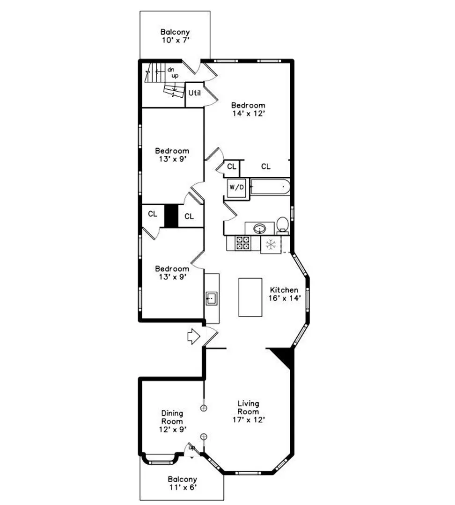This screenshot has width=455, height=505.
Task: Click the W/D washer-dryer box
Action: (x=237, y=188)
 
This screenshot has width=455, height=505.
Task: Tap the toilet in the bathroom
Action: (x=282, y=225)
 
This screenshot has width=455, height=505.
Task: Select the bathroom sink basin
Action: (x=260, y=229)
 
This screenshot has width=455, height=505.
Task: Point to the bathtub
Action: (x=270, y=187)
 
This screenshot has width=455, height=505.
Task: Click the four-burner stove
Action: (x=243, y=243)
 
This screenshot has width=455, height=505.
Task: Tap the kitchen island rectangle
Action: (x=250, y=297)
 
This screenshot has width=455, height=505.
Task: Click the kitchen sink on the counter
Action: (x=212, y=298)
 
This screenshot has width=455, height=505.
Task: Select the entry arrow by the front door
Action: (x=194, y=337)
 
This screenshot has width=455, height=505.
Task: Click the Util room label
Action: (x=194, y=93)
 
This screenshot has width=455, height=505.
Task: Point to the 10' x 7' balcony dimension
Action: (x=176, y=40)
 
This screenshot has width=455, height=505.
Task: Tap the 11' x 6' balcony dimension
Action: (x=183, y=487)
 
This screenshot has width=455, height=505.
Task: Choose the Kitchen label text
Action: (x=284, y=289)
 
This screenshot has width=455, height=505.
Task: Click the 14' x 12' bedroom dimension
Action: (x=249, y=113)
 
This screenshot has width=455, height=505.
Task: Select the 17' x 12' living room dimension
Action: (x=249, y=419)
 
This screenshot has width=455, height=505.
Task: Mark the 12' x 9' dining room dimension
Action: (x=173, y=429)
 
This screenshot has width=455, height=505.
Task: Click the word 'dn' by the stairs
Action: (x=171, y=70)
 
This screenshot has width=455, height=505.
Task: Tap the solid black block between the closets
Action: (x=171, y=216)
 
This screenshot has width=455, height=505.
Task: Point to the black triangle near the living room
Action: (x=283, y=357)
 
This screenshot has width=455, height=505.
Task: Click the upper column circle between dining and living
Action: (x=204, y=408)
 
